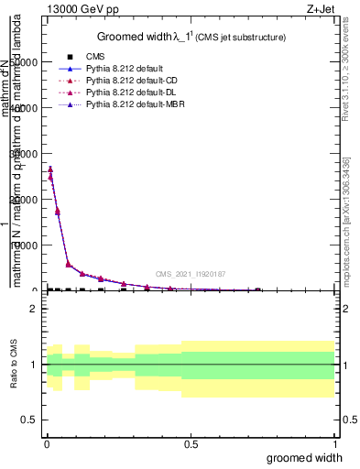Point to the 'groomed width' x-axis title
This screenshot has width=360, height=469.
[308, 456]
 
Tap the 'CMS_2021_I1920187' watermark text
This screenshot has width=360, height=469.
[189, 274]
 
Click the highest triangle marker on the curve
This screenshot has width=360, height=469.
[50, 169]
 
